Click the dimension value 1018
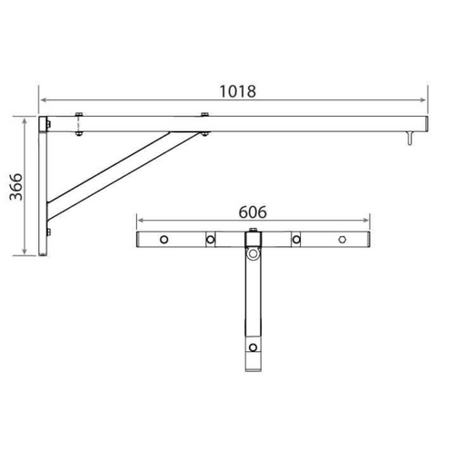coord(236,91)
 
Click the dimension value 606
coord(253,210)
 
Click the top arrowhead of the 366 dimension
coord(24,119)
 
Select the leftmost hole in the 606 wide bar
coord(163,241)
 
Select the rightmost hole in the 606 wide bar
coord(342,241)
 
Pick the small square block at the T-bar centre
coord(253,241)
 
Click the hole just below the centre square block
coord(253,259)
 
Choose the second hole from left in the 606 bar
coord(209,241)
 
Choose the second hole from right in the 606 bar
coord(296,241)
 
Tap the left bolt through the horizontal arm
coord(78,123)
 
